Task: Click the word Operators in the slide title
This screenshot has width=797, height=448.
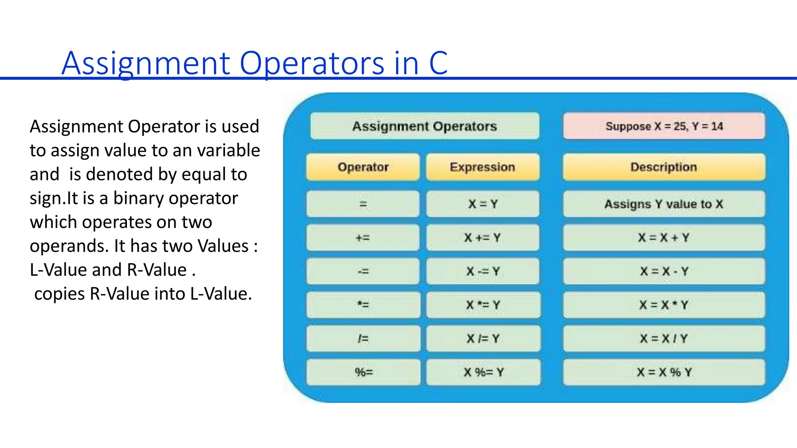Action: coord(311,63)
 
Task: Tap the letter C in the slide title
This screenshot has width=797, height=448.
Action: coord(439,63)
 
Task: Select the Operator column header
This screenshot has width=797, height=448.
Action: coord(363,167)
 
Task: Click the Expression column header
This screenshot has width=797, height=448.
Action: coord(483,167)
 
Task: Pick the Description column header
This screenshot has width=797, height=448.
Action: coord(664,167)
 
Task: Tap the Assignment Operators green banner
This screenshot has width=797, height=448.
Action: coord(425,126)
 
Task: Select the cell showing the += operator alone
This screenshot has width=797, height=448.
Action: coord(363,238)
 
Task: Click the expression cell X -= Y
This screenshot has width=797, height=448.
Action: coord(483,271)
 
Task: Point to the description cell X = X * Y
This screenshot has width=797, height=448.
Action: coord(664,305)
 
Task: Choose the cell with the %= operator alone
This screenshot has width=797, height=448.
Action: coord(363,372)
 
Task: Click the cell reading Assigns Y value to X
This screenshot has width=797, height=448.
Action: coord(664,204)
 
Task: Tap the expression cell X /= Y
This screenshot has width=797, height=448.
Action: coord(483,338)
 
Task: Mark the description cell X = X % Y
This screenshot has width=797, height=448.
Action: coord(664,372)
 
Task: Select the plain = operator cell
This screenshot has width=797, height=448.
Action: coord(363,204)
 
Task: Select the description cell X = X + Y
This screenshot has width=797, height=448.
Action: coord(664,238)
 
